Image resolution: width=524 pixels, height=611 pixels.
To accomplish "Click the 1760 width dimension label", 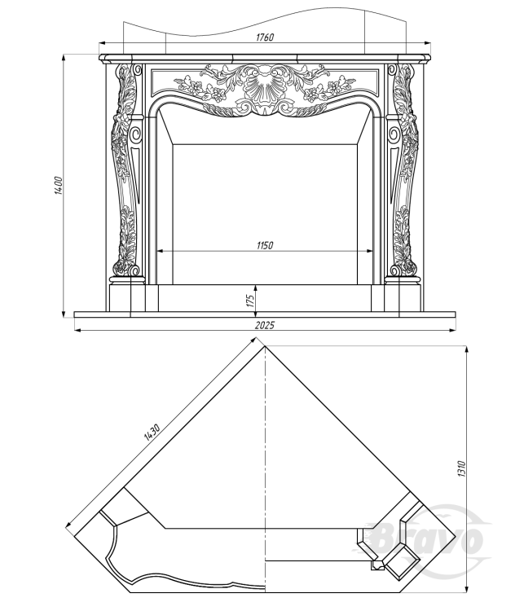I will coord(264,37).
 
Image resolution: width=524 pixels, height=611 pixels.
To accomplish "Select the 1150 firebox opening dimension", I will coord(263,244).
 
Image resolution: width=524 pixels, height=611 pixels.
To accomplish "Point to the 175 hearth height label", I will coord(250,299).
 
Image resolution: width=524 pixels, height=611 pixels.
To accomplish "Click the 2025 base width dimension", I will coord(264,325).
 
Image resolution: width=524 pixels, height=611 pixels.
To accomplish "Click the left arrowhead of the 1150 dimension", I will coord(160,251).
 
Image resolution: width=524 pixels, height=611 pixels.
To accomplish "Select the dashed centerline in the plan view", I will coord(266,456).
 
